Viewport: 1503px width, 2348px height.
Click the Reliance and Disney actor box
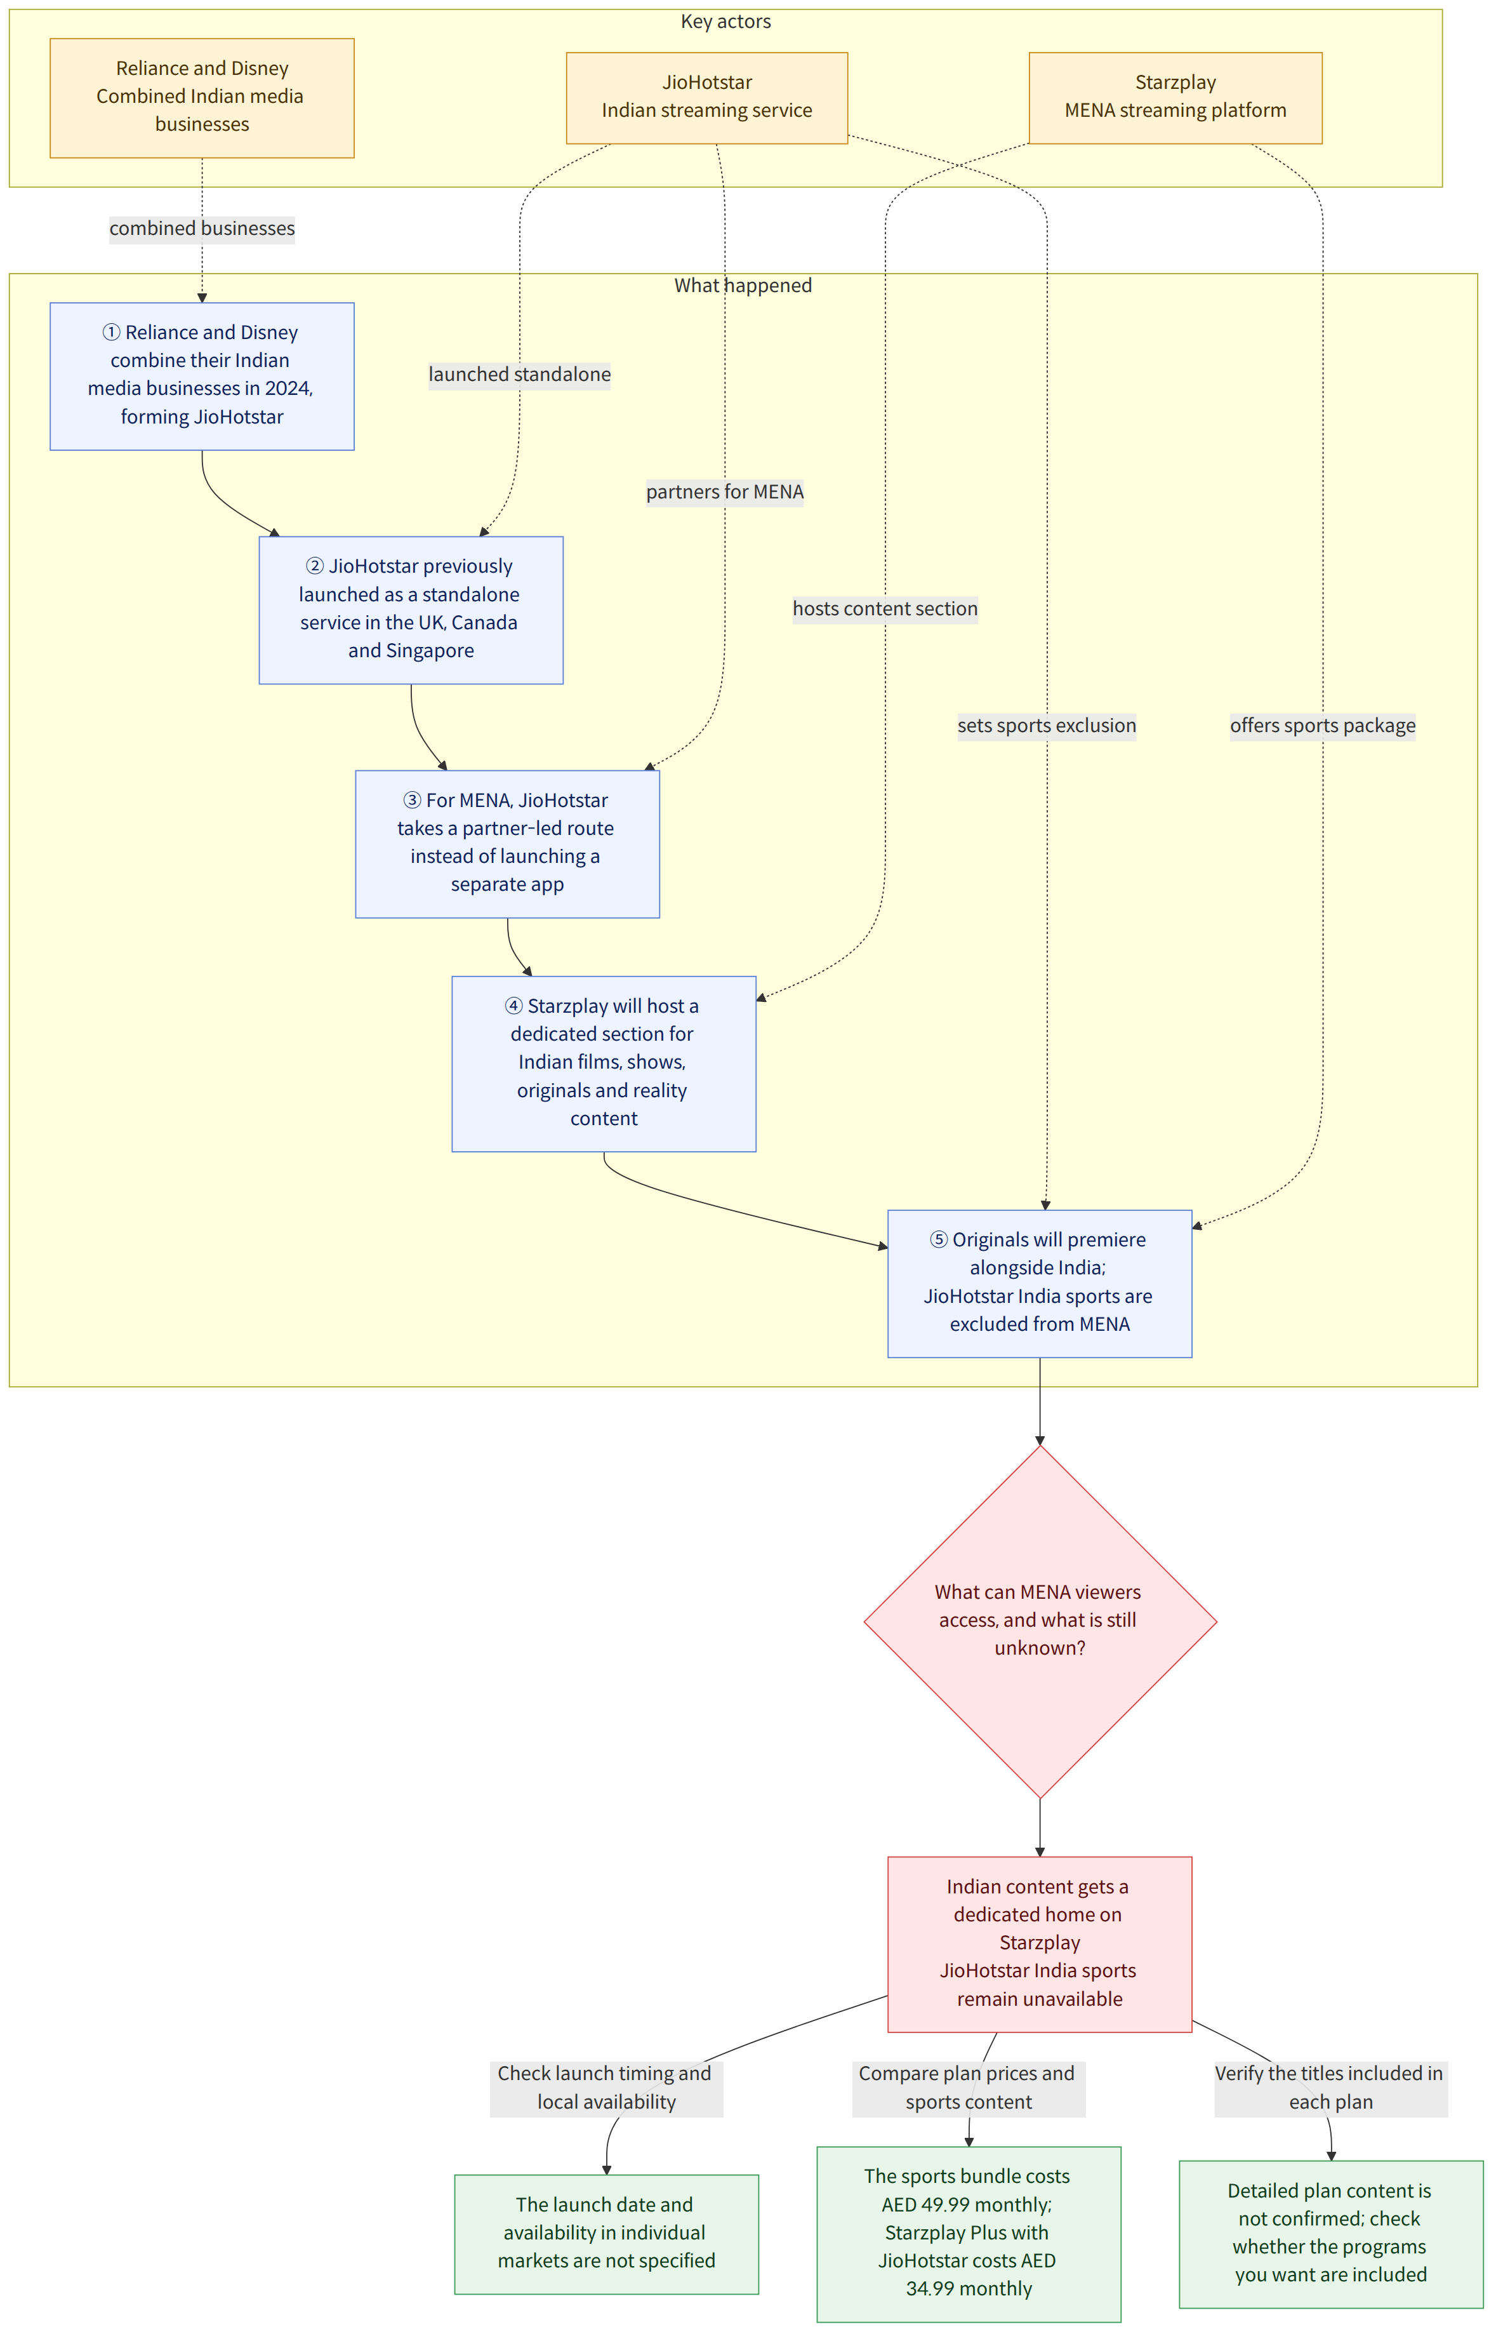(x=202, y=98)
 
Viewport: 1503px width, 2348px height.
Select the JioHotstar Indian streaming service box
(x=706, y=98)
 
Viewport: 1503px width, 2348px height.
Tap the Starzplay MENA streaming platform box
(x=1175, y=98)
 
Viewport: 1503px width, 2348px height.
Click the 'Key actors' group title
(x=725, y=22)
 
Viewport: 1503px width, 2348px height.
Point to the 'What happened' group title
(x=743, y=285)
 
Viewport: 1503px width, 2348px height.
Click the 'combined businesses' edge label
(x=202, y=229)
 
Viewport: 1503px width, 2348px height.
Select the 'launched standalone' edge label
(x=519, y=375)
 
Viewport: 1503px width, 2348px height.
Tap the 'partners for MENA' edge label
(x=725, y=492)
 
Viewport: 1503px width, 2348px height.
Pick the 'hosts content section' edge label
(x=885, y=609)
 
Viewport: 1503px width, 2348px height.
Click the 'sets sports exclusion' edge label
(x=1046, y=725)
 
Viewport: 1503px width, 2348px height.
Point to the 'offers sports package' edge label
(x=1323, y=725)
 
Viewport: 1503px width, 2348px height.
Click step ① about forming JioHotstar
(x=202, y=376)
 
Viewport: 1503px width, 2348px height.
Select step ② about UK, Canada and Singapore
(x=411, y=610)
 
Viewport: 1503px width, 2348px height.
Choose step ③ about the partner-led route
(x=508, y=844)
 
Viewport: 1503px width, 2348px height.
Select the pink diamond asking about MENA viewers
(x=1040, y=1622)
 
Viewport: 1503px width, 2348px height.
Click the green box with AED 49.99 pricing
(x=968, y=2234)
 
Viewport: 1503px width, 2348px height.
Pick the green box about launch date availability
(x=606, y=2234)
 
